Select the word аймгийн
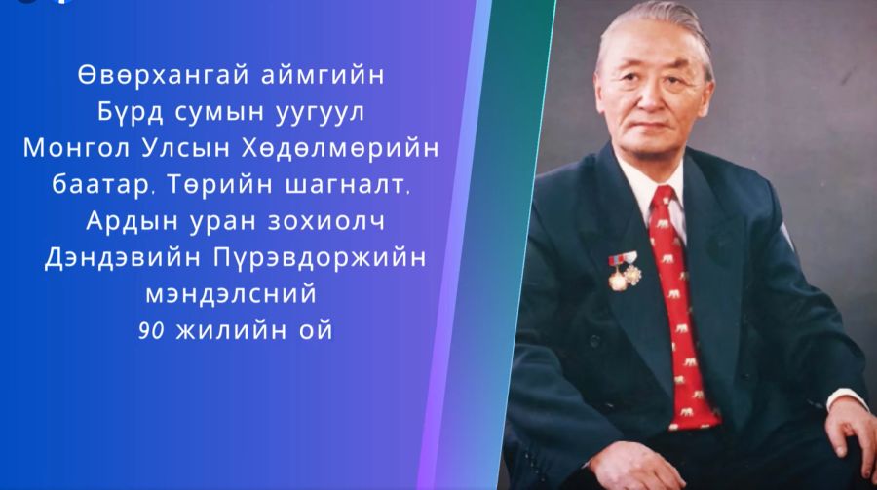point(323,76)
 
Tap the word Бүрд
point(131,112)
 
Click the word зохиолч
point(326,221)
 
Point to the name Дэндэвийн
point(123,258)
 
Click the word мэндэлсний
point(230,294)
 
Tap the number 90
point(151,331)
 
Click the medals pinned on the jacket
point(625,270)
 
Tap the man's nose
point(652,98)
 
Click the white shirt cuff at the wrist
point(846,397)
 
